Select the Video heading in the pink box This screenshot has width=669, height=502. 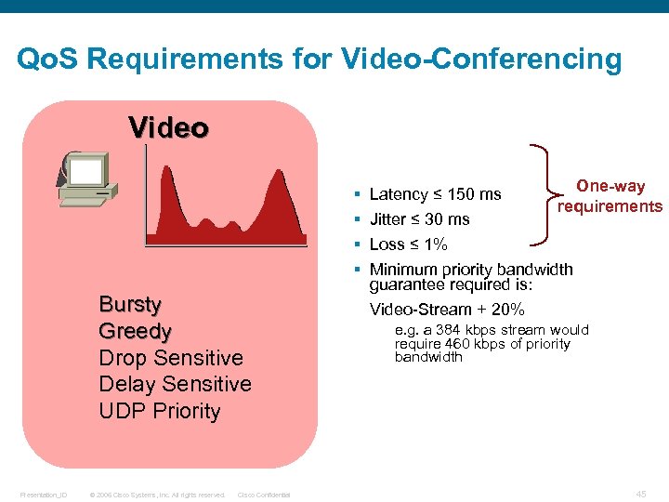tap(168, 126)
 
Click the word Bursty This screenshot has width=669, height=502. tap(129, 305)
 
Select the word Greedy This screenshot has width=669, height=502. tap(135, 331)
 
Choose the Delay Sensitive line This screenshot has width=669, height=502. tap(175, 384)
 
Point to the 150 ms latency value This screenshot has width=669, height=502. tap(474, 194)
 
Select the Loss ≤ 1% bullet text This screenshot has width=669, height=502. tap(408, 244)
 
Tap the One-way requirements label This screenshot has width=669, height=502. tap(610, 196)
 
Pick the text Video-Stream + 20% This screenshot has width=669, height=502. tap(447, 310)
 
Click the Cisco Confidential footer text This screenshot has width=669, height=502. tap(264, 495)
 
